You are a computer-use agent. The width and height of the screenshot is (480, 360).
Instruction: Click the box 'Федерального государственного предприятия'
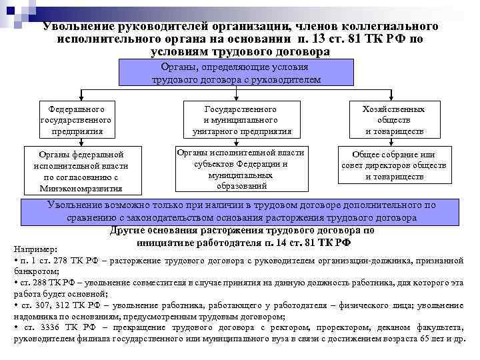pyautogui.click(x=75, y=119)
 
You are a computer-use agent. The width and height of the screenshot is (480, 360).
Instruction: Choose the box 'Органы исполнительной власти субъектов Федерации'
pyautogui.click(x=241, y=168)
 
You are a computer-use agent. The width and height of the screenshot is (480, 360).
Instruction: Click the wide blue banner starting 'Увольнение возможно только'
pyautogui.click(x=241, y=211)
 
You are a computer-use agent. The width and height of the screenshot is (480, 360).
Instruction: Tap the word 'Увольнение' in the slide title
pyautogui.click(x=77, y=26)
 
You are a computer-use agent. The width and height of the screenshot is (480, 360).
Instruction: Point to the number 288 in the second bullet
pyautogui.click(x=37, y=283)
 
